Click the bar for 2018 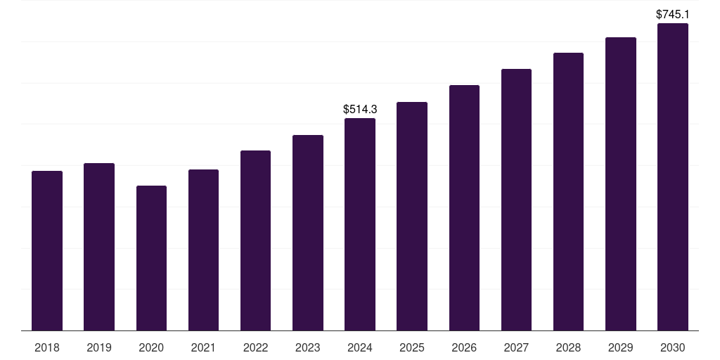pyautogui.click(x=47, y=250)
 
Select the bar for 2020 pyautogui.click(x=151, y=258)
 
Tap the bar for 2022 pyautogui.click(x=255, y=240)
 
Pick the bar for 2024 pyautogui.click(x=360, y=224)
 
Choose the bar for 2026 pyautogui.click(x=464, y=207)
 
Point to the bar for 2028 pyautogui.click(x=568, y=191)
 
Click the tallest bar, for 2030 pyautogui.click(x=672, y=176)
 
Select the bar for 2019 pyautogui.click(x=99, y=247)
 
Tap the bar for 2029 pyautogui.click(x=620, y=184)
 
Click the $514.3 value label pyautogui.click(x=360, y=109)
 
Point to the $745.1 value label pyautogui.click(x=672, y=14)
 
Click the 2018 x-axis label pyautogui.click(x=47, y=347)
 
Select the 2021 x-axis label pyautogui.click(x=203, y=347)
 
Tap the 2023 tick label pyautogui.click(x=307, y=347)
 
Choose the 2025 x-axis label pyautogui.click(x=412, y=347)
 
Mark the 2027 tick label pyautogui.click(x=516, y=347)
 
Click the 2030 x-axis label pyautogui.click(x=672, y=347)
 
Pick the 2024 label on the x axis pyautogui.click(x=360, y=347)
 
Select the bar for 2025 pyautogui.click(x=412, y=216)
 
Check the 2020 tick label pyautogui.click(x=151, y=347)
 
